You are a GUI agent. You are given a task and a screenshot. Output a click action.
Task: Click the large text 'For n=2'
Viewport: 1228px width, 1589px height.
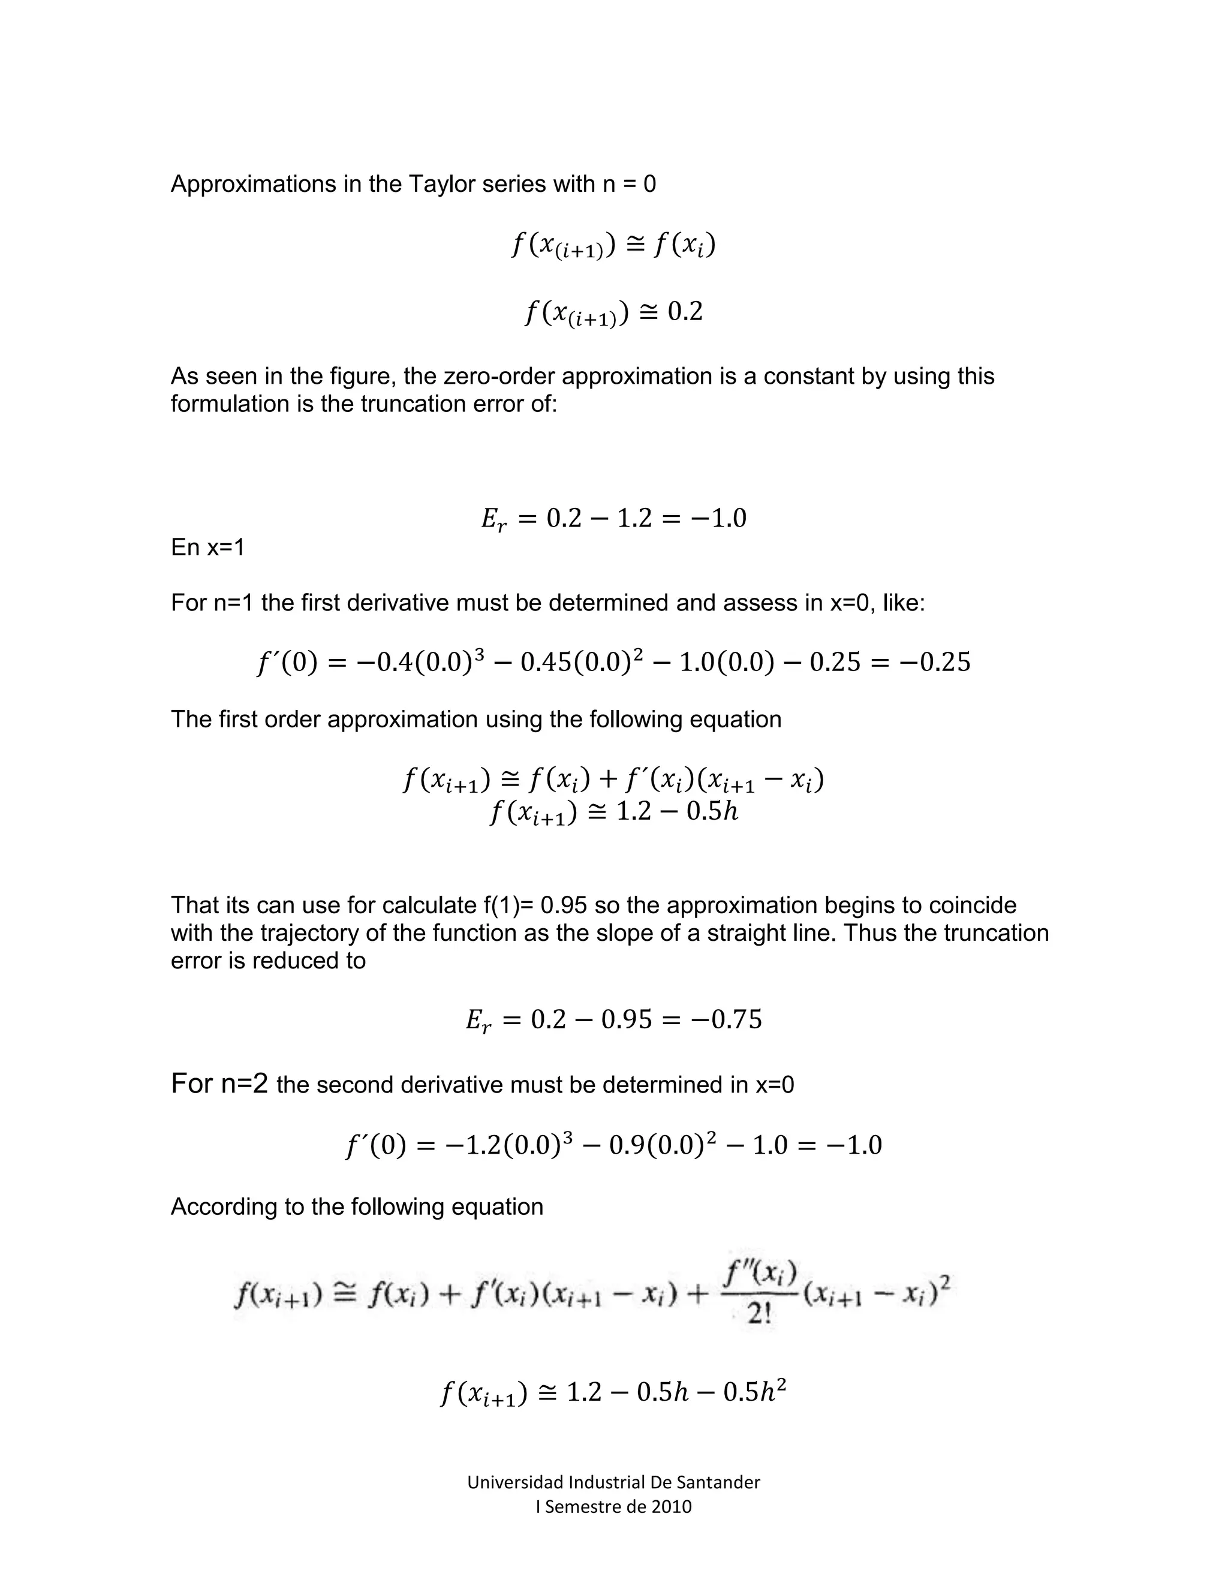click(219, 1084)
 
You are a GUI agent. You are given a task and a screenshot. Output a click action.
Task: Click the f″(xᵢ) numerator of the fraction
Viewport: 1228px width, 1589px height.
click(760, 1272)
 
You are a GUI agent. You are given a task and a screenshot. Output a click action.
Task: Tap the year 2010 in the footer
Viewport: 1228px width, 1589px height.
click(671, 1506)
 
